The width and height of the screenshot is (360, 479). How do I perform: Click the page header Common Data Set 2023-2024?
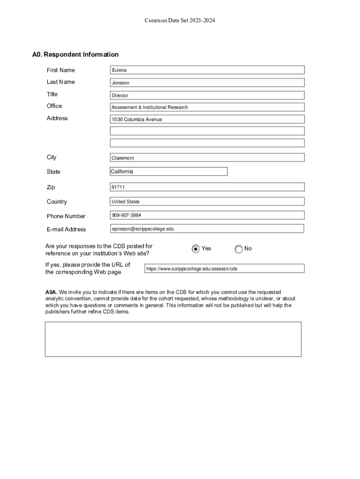(x=180, y=21)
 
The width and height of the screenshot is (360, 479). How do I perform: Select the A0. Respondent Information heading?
(x=75, y=55)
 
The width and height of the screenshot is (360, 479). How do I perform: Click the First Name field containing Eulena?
(x=207, y=70)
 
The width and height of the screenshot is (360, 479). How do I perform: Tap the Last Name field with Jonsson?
(x=207, y=83)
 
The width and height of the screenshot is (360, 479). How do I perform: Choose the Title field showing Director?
(x=207, y=95)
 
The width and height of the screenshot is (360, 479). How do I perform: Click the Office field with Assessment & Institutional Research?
(x=207, y=107)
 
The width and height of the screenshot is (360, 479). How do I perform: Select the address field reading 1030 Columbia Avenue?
(x=207, y=119)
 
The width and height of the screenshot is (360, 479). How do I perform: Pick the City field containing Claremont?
(x=207, y=158)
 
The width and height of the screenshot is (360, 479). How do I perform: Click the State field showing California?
(x=169, y=172)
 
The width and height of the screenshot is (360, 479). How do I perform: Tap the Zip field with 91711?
(x=207, y=187)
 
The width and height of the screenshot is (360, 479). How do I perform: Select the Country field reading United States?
(x=207, y=202)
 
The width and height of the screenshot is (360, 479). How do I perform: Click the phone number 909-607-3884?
(x=207, y=215)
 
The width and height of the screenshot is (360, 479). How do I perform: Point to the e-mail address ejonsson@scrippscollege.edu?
(x=207, y=229)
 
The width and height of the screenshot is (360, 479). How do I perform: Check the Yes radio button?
(x=196, y=249)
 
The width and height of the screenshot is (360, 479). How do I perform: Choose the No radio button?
(x=239, y=249)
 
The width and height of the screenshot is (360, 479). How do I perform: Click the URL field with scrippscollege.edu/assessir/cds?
(x=224, y=269)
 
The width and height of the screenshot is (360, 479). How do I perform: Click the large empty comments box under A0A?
(x=173, y=339)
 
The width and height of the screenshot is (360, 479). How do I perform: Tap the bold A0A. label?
(x=51, y=292)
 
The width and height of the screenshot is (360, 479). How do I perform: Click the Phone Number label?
(x=66, y=216)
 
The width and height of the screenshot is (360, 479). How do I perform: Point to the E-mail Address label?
(x=66, y=229)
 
